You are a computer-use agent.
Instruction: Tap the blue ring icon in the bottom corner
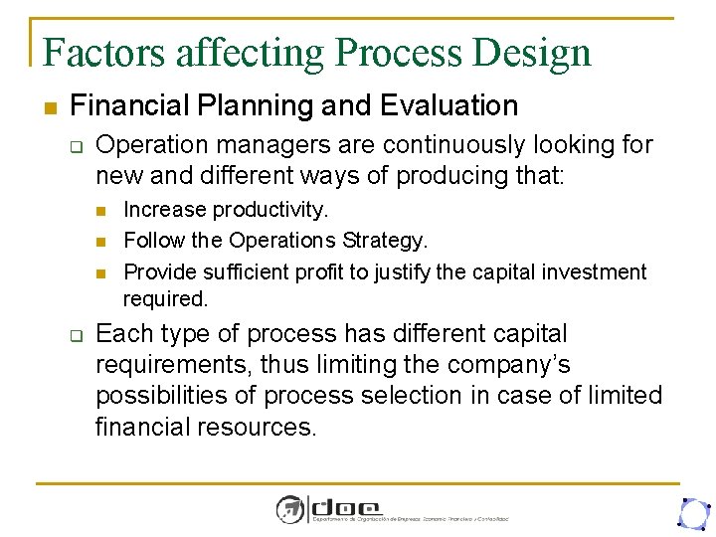[x=691, y=512]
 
